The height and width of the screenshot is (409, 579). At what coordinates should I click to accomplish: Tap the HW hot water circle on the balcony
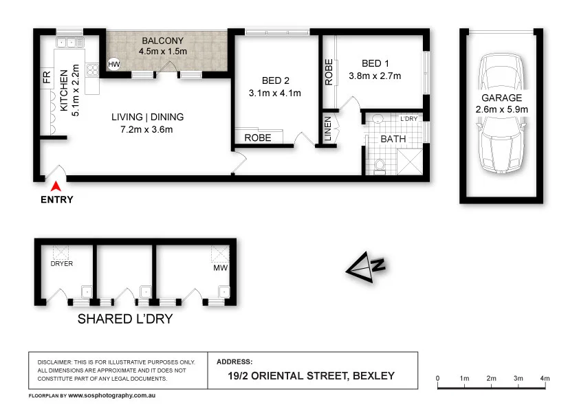coord(113,65)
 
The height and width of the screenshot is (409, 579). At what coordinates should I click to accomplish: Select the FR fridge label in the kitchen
coord(46,77)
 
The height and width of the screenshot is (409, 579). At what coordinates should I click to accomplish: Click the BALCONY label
coord(163,41)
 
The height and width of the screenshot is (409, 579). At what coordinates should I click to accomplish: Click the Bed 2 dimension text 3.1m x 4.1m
coord(275,93)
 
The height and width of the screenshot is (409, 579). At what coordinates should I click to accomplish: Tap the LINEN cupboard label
coord(328,129)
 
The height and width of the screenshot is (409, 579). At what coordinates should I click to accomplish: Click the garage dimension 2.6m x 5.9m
coord(501,109)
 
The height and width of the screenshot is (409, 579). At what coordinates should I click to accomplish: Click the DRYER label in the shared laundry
coord(61,263)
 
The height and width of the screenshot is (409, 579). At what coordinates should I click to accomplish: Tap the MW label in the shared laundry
coord(220,267)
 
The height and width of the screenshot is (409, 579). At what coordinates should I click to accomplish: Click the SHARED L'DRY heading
coord(124,319)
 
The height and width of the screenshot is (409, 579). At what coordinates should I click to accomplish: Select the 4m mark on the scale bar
coord(545,379)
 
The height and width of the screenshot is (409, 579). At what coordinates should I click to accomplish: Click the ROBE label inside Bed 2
coord(258,137)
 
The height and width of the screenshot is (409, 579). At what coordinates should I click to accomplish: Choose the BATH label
coord(393,138)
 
